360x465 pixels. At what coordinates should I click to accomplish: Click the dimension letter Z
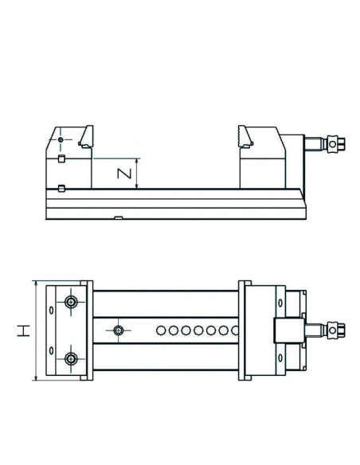tap(124, 174)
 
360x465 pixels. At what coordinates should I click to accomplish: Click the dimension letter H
tap(23, 330)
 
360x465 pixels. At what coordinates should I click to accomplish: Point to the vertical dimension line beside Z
tap(136, 174)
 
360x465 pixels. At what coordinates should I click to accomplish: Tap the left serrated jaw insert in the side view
tap(86, 137)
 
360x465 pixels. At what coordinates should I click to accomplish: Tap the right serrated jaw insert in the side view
tap(245, 137)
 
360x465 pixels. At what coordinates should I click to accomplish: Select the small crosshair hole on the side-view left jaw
tap(61, 139)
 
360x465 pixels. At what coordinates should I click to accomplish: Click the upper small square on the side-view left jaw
tap(61, 158)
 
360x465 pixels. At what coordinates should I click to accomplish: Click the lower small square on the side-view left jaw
tap(61, 189)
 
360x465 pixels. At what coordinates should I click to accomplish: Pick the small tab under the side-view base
tap(119, 218)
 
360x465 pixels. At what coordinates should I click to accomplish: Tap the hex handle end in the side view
tap(337, 144)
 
